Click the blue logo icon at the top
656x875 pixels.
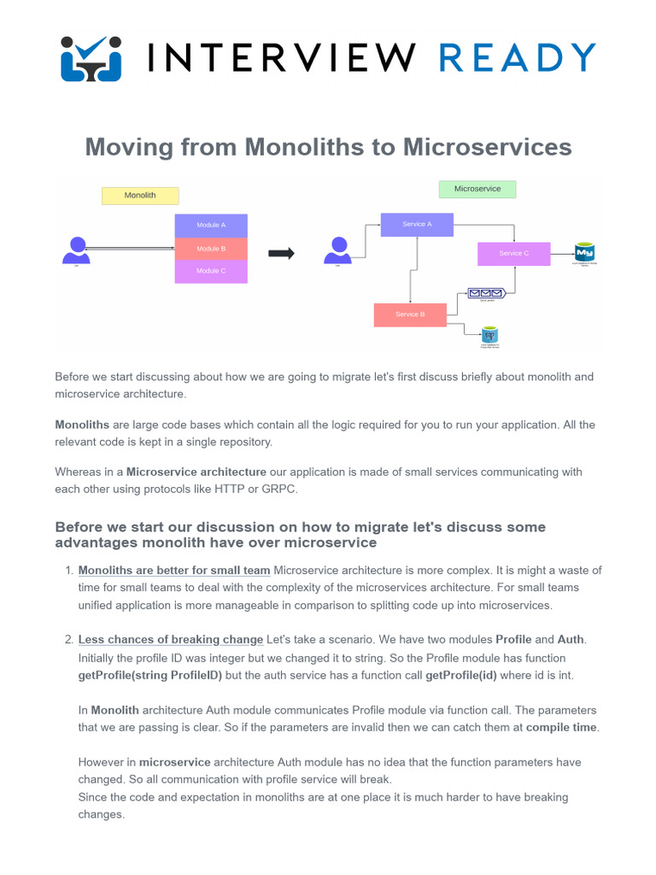[x=91, y=57]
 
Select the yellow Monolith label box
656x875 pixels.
[x=140, y=196]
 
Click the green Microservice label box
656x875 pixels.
[x=477, y=189]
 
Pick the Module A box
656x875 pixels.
[x=211, y=226]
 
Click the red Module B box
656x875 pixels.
[x=211, y=249]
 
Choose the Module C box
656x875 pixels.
[x=211, y=271]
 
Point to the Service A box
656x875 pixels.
[x=417, y=224]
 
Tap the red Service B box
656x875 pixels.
[x=410, y=314]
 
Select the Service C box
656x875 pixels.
[x=513, y=254]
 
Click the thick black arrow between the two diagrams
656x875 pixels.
[x=281, y=253]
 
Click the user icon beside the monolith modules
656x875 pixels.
[x=76, y=249]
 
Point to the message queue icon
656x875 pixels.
[x=486, y=293]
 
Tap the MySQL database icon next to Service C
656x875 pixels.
[x=585, y=253]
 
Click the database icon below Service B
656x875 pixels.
[x=489, y=335]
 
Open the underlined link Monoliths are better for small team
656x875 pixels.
[x=174, y=570]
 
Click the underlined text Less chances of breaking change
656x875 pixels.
[x=170, y=639]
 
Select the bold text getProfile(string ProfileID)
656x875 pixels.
[x=150, y=675]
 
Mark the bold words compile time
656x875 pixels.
[x=562, y=727]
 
